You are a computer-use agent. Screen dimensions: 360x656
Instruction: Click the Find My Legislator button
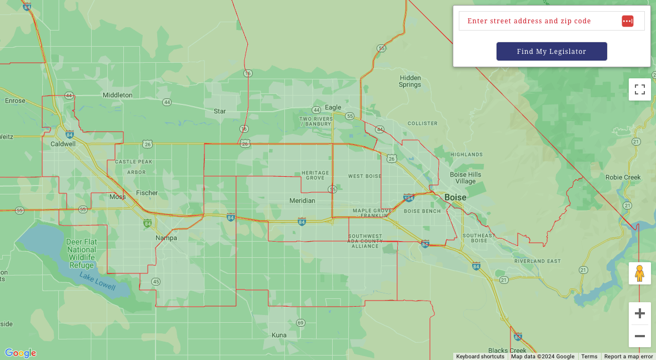[552, 52]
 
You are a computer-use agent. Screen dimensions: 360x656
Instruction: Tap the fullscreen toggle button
[639, 89]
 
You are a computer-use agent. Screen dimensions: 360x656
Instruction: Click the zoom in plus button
[639, 313]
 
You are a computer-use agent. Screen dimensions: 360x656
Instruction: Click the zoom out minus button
[639, 336]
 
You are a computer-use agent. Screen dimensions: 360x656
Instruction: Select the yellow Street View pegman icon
[639, 273]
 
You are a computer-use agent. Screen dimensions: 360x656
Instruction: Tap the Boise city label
[455, 198]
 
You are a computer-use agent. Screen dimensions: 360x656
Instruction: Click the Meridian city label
[302, 201]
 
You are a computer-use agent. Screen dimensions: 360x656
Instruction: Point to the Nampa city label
[166, 238]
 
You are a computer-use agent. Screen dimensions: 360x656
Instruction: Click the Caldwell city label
[63, 144]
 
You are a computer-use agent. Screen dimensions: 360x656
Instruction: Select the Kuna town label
[279, 335]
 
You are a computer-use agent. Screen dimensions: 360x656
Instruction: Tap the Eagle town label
[333, 107]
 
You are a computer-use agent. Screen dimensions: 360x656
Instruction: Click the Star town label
[220, 111]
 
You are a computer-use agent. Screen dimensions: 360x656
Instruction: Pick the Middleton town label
[118, 95]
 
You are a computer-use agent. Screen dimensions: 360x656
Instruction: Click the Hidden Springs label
[410, 81]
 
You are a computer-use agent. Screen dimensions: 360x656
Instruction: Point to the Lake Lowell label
[97, 282]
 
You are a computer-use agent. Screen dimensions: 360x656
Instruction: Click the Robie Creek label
[623, 178]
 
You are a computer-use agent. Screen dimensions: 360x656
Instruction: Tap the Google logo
[21, 353]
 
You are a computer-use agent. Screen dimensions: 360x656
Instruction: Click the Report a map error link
[628, 357]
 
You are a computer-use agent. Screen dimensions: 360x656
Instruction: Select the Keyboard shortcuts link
[480, 357]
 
